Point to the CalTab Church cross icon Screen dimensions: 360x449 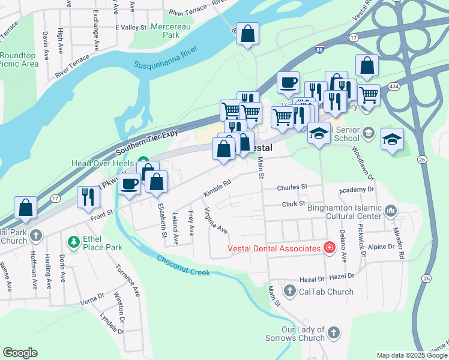click(x=289, y=292)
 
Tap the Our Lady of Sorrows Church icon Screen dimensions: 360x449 click(x=334, y=332)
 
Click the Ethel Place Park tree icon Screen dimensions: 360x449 click(x=73, y=242)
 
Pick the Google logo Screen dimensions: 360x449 click(x=20, y=353)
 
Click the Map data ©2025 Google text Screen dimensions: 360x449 click(x=412, y=356)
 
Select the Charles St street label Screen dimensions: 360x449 click(x=292, y=187)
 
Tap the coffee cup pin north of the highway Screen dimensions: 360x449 click(x=288, y=82)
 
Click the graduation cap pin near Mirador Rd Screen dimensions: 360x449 click(x=392, y=139)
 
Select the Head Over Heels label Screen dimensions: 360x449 click(x=103, y=163)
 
